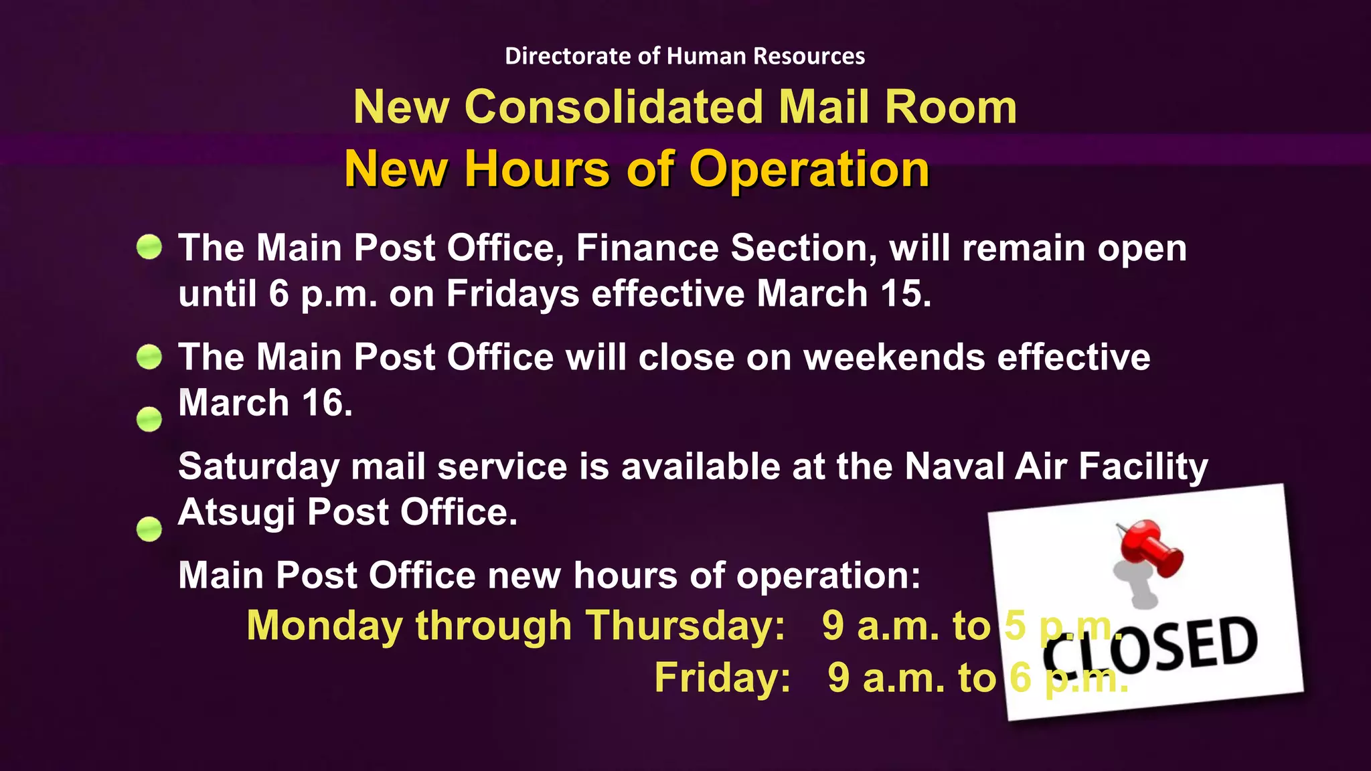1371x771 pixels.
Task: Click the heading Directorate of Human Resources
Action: [x=685, y=56]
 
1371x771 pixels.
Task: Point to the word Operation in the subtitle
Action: [x=809, y=169]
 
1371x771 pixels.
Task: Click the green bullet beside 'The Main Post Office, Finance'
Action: [x=149, y=247]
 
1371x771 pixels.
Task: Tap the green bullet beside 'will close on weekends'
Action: [x=149, y=356]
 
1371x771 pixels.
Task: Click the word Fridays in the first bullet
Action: [x=513, y=294]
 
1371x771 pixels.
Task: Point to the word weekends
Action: [x=894, y=357]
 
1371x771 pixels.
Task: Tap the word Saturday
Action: [x=259, y=466]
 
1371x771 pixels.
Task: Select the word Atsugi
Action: [x=237, y=513]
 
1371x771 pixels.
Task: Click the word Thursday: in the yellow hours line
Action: [x=685, y=626]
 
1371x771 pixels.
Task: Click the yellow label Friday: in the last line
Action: [x=722, y=677]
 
